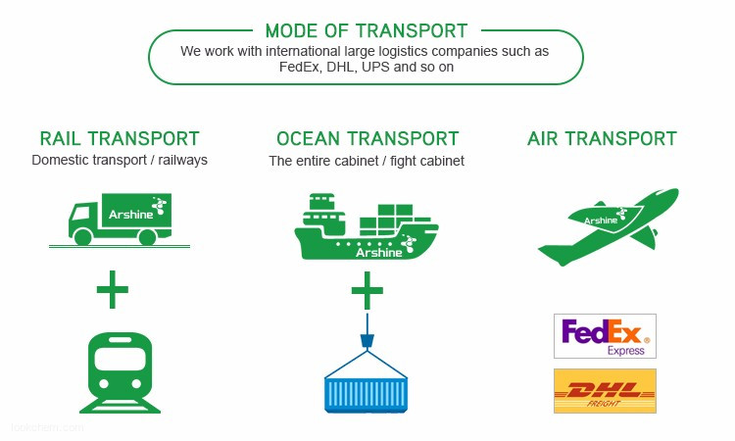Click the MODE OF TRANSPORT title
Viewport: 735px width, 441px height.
[367, 31]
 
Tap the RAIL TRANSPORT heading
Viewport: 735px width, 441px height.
[120, 139]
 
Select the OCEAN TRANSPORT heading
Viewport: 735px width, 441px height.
[367, 139]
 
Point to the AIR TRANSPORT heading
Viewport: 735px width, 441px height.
[602, 139]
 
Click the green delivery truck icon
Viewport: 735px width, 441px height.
[120, 220]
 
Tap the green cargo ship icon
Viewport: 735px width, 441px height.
[367, 226]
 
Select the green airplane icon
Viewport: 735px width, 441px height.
[609, 226]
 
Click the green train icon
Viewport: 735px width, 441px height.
[120, 372]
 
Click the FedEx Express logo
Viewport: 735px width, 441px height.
[605, 336]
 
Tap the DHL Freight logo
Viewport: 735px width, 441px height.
[605, 391]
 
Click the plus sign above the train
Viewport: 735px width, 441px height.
[112, 289]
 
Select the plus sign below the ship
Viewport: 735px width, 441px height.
[367, 290]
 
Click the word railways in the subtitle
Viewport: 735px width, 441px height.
[182, 161]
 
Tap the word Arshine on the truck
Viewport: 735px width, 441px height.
[130, 215]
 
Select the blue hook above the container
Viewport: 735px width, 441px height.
[367, 341]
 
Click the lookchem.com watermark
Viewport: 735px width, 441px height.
[47, 427]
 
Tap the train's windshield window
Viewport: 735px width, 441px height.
[120, 359]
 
